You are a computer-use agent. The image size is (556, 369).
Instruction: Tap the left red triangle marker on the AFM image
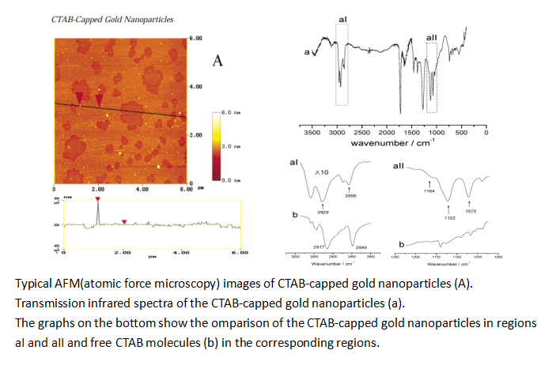pos(79,97)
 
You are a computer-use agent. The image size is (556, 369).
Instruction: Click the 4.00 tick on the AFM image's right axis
pos(196,86)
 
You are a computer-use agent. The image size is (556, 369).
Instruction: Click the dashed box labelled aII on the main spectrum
pos(431,78)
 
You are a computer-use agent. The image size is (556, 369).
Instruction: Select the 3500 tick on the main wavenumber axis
pos(312,134)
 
